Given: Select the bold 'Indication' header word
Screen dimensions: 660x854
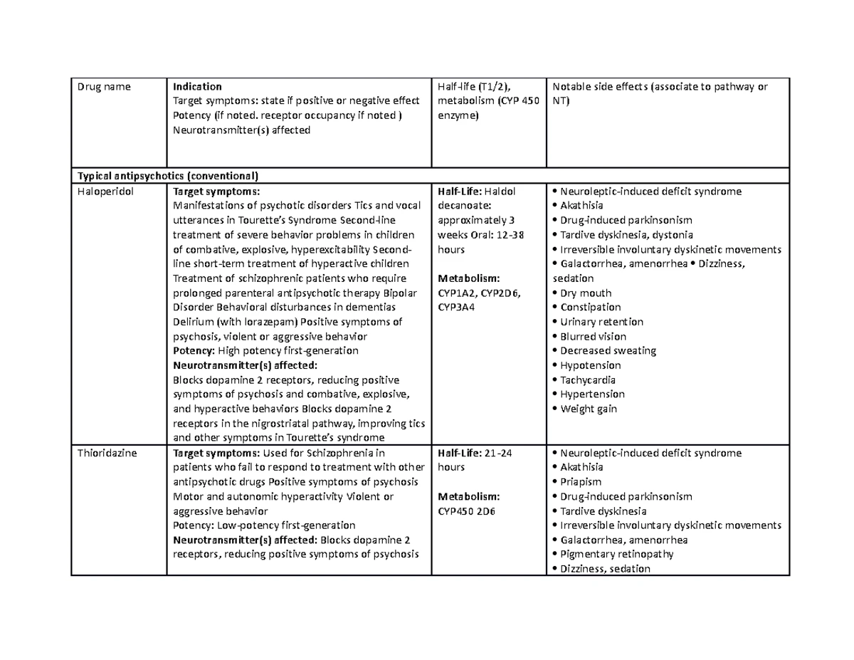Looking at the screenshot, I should (x=197, y=87).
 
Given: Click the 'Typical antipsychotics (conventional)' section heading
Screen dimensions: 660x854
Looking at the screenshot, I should (x=168, y=176).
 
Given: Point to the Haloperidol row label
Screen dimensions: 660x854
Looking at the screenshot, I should (x=105, y=192).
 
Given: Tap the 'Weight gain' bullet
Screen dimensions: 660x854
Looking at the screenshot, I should (x=588, y=409).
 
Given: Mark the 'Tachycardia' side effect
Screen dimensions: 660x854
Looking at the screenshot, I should (x=588, y=380).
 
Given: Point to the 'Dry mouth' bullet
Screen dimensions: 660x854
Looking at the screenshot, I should (x=586, y=293).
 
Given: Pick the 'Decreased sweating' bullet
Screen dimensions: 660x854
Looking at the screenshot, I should (x=608, y=351).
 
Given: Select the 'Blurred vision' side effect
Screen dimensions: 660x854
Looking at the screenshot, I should (x=593, y=337).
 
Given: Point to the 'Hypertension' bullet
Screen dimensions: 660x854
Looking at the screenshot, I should (x=592, y=394).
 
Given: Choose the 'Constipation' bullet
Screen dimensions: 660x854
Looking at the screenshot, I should (x=590, y=308).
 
